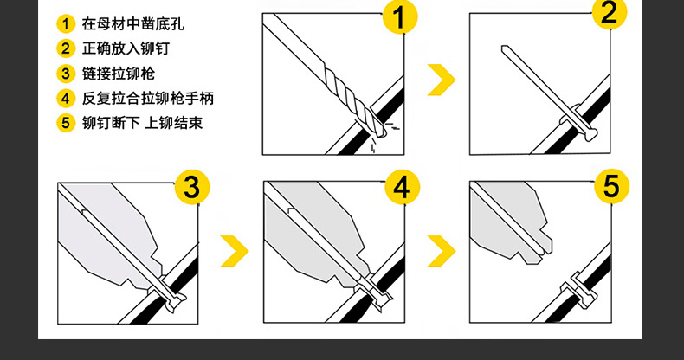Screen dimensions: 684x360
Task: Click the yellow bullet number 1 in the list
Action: pos(66,23)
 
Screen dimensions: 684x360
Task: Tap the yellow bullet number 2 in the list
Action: pos(66,48)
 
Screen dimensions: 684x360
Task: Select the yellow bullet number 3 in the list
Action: pos(66,74)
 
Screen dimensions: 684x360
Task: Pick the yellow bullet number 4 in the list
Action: pos(66,98)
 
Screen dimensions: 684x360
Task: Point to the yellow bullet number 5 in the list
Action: pos(66,123)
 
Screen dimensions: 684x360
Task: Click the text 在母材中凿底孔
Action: pos(133,23)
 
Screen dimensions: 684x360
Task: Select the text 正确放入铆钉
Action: pos(126,48)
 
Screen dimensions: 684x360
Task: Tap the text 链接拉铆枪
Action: pos(119,74)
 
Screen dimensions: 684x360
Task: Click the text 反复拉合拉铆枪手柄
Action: pos(148,98)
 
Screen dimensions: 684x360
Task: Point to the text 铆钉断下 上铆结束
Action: pos(142,123)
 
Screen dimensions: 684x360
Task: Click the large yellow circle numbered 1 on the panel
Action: pos(400,16)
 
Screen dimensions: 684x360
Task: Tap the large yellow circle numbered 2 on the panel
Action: pos(610,13)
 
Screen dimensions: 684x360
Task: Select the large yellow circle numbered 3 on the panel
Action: pos(192,187)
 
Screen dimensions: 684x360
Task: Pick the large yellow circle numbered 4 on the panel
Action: pos(403,187)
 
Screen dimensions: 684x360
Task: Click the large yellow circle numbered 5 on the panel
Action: pos(611,186)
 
